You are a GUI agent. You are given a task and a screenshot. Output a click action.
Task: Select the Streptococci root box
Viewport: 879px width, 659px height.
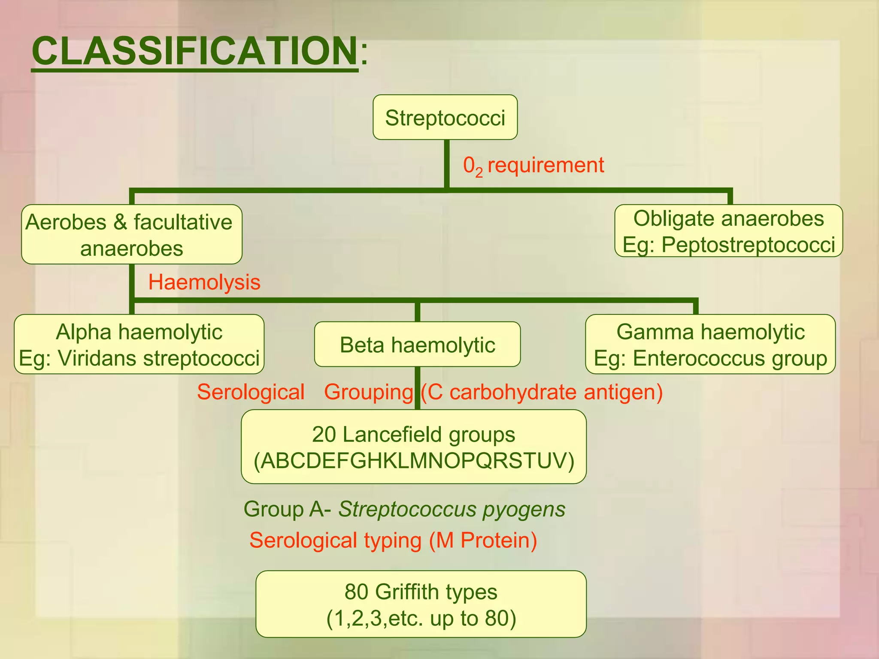coord(445,117)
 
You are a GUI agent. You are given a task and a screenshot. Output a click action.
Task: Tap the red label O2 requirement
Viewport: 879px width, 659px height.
coord(533,166)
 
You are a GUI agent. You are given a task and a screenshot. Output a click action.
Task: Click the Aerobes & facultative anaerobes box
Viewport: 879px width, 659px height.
coord(131,234)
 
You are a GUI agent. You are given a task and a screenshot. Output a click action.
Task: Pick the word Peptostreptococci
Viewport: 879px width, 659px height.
coord(748,245)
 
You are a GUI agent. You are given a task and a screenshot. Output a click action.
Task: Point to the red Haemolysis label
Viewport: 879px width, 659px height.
coord(204,282)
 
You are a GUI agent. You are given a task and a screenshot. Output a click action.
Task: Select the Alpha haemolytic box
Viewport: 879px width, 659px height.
coord(139,344)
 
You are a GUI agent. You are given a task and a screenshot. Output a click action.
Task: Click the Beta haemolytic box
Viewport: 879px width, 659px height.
coord(417,345)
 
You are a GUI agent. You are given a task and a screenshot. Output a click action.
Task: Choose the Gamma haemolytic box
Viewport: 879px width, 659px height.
coord(710,344)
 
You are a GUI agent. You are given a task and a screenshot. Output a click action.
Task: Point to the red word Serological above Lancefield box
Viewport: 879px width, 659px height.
coord(251,392)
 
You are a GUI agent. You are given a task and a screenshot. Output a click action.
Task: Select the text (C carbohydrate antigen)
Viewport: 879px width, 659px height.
coord(542,392)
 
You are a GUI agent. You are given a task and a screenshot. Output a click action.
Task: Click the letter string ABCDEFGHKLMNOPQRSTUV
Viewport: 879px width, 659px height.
coord(414,461)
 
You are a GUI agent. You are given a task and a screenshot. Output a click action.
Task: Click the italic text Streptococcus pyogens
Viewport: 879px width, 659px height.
coord(452,509)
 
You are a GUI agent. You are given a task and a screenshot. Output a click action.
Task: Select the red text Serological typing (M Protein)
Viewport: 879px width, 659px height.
coord(393,540)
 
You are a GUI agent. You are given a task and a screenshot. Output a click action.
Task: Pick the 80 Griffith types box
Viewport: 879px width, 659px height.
coord(421,604)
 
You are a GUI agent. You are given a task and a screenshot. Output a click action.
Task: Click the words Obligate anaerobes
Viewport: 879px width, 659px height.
coord(728,219)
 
